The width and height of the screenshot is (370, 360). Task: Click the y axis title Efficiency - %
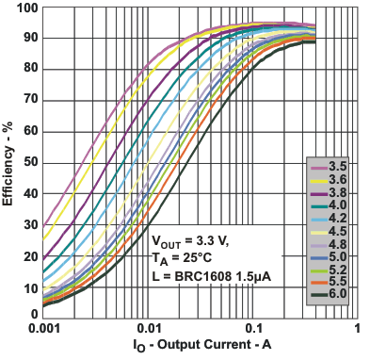point(8,161)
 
